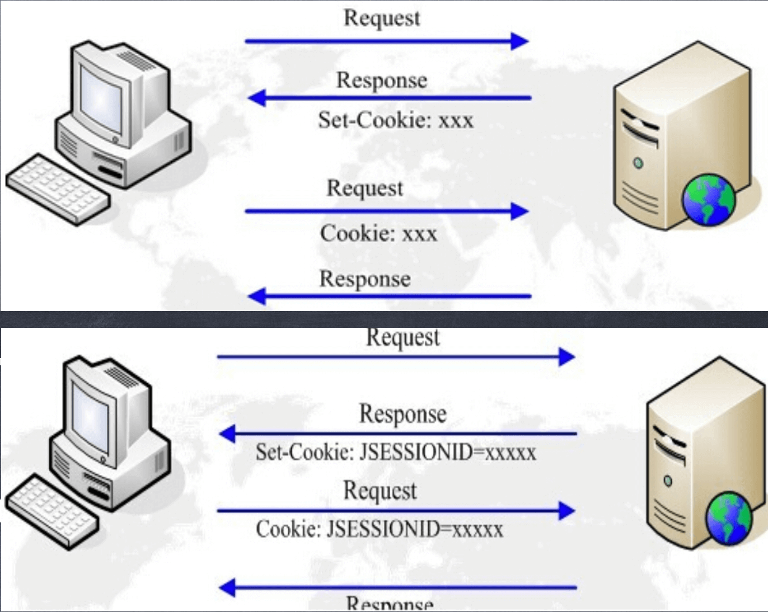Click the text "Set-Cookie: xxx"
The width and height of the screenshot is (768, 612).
[x=396, y=120]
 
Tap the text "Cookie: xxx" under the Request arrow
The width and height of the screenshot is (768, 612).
[x=378, y=233]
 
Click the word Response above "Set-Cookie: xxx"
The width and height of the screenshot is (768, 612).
[x=382, y=80]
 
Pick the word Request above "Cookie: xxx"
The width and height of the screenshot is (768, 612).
[x=364, y=188]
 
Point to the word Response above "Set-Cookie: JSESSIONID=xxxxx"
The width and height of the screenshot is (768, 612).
[x=402, y=414]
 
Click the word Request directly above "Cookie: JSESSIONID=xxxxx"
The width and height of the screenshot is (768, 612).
[x=380, y=491]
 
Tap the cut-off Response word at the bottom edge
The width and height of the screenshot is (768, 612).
[x=390, y=605]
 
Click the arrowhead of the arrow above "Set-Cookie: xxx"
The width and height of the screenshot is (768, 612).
[x=257, y=98]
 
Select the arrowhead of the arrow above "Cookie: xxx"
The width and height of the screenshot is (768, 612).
[x=519, y=211]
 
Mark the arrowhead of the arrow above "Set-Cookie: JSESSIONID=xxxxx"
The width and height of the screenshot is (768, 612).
[x=227, y=434]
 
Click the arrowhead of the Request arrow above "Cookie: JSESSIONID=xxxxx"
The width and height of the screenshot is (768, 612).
[x=566, y=511]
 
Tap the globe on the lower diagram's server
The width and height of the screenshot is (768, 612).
[x=728, y=517]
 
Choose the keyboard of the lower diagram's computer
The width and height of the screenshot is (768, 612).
[x=51, y=511]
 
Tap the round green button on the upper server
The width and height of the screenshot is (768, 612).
[x=638, y=163]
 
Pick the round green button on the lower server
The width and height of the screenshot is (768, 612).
[x=667, y=481]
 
